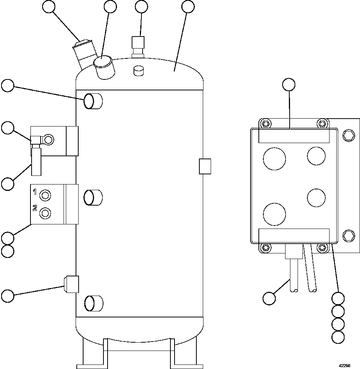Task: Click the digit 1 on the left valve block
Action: tap(35, 192)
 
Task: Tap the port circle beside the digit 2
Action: tap(46, 213)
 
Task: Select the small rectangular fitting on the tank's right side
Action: tap(205, 166)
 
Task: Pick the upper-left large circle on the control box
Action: tap(274, 158)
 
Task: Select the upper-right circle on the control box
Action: tap(316, 156)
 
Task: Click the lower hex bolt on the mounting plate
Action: tap(349, 236)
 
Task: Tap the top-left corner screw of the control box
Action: tap(266, 124)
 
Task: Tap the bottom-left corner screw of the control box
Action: tap(266, 247)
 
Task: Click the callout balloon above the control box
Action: tap(289, 85)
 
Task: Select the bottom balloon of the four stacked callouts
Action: tap(339, 336)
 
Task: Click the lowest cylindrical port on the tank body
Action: tap(93, 303)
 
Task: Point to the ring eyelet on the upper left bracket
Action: tap(49, 140)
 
